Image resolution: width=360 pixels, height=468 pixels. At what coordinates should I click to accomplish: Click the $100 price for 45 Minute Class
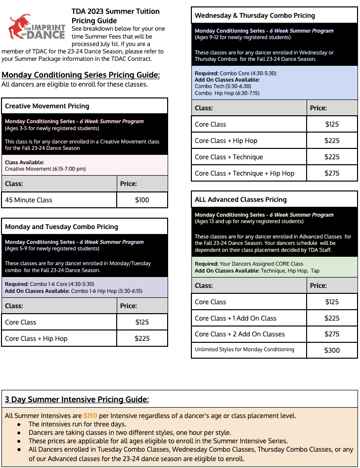pos(142,200)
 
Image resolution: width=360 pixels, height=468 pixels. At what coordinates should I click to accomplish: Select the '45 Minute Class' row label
pos(29,200)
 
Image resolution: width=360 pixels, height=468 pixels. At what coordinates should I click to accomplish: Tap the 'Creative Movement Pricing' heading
pos(47,106)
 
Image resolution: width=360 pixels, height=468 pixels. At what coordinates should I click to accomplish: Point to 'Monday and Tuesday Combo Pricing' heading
pos(61,227)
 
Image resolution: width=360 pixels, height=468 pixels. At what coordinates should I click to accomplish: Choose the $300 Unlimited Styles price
pos(332,350)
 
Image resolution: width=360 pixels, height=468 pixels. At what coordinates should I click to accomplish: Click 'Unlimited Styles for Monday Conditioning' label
pos(244,349)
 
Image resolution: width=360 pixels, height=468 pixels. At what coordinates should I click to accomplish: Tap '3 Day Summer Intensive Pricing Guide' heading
pos(77,400)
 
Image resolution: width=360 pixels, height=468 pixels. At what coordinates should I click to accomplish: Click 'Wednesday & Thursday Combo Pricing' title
pos(255,15)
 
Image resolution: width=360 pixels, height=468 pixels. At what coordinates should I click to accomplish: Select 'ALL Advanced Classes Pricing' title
pos(241,199)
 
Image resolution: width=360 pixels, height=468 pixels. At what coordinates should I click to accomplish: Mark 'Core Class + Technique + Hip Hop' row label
pos(244,173)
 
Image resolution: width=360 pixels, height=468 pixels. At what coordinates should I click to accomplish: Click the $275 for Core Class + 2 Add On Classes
pos(332,334)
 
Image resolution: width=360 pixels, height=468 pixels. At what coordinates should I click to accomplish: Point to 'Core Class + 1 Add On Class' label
pos(235,318)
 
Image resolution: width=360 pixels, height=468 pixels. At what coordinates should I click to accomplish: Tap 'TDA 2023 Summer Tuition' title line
pos(116,11)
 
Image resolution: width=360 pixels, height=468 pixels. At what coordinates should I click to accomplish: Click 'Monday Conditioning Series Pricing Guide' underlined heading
pos(81,75)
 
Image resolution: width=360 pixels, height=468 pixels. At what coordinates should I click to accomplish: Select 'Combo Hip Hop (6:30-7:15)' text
pos(227,93)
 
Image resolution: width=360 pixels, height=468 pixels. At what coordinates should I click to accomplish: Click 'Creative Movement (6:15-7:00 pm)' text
pos(45,169)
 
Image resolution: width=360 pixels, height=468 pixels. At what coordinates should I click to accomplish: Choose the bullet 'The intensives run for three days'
pos(77,424)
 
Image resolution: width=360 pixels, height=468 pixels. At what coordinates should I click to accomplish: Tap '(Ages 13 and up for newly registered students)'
pos(249,221)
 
